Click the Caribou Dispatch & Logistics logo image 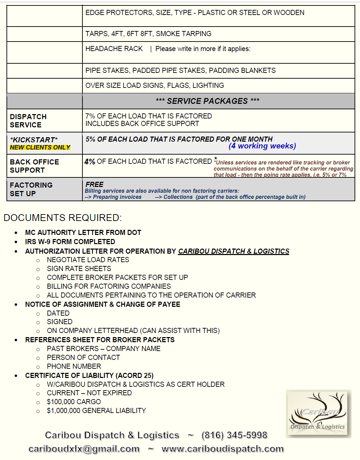[x=318, y=413]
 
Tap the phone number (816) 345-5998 [x=234, y=435]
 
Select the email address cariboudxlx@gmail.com [x=84, y=449]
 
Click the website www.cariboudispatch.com [x=223, y=449]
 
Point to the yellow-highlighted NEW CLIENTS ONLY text [x=40, y=147]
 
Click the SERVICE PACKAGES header [x=207, y=101]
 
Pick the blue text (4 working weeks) [x=262, y=146]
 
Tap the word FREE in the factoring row [x=94, y=185]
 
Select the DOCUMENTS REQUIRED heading [x=63, y=218]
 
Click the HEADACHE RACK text [x=114, y=49]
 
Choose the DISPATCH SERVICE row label [x=28, y=121]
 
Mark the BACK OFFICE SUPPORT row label [x=34, y=166]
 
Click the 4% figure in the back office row [x=90, y=162]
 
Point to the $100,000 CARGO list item [x=74, y=402]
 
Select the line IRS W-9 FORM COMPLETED [x=70, y=242]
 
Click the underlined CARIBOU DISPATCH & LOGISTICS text [x=234, y=251]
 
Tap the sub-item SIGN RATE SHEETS [x=79, y=269]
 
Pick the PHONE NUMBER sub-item [x=74, y=366]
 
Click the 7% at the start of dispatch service [x=90, y=116]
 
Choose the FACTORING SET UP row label [x=31, y=189]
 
